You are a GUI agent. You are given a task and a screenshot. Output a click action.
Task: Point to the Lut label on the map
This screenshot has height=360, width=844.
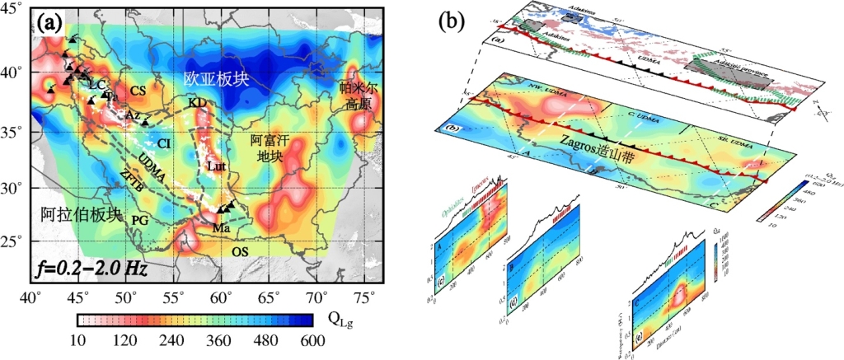click(x=215, y=166)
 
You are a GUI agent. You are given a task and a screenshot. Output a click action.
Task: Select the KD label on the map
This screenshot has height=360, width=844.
click(x=196, y=102)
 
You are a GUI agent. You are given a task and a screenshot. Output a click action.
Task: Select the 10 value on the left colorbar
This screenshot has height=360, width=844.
click(x=78, y=339)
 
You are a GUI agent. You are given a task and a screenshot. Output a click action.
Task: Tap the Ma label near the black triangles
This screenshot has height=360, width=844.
click(x=220, y=226)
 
